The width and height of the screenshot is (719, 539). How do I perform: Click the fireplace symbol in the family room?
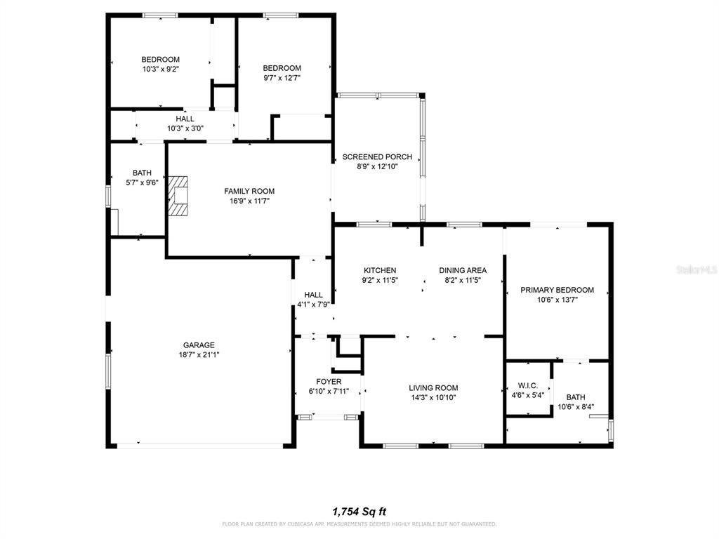178,196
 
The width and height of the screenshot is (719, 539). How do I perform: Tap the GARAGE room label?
199,345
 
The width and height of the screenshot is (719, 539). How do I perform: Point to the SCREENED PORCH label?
377,157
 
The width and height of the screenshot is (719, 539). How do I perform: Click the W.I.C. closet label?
528,385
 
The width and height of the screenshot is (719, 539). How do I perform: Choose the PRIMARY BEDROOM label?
557,290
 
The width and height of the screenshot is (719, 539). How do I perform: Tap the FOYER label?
329,382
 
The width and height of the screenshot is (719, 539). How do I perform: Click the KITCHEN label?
380,270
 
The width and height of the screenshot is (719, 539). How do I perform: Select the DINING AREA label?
463,270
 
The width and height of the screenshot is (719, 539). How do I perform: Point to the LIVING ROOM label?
433,387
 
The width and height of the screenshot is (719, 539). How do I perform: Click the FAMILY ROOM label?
249,191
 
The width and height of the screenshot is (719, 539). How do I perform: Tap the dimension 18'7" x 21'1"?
199,354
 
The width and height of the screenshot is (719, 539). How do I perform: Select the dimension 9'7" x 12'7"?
282,78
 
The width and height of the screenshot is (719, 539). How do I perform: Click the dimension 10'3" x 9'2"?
161,69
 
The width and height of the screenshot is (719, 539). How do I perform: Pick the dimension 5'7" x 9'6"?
142,182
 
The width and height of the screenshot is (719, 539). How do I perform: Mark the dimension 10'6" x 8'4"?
576,407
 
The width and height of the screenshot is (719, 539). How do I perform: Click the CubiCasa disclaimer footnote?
359,524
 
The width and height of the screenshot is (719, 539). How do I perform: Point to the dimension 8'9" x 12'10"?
377,166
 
